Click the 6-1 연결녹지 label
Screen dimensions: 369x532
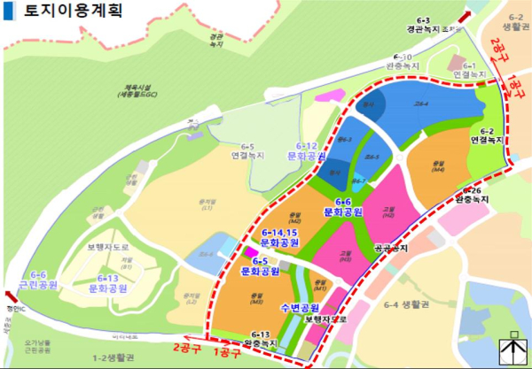tap(467, 71)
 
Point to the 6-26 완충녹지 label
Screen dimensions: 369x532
tap(473, 196)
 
